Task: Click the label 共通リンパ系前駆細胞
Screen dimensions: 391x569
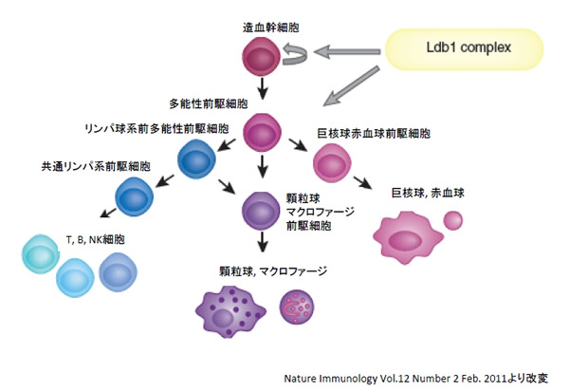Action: [80, 168]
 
